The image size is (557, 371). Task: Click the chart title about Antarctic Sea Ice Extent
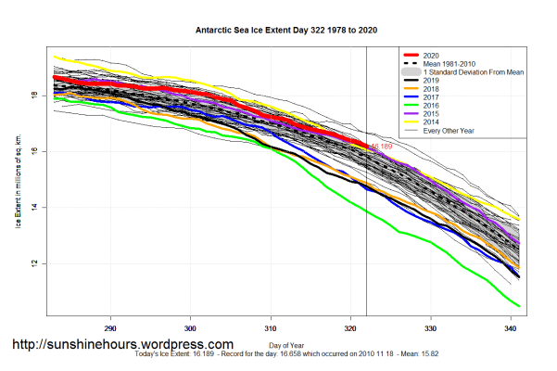278,29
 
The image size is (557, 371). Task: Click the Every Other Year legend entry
449,130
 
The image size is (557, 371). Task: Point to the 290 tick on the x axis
110,328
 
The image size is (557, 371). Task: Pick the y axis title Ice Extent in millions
19,178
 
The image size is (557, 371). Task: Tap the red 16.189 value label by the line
381,147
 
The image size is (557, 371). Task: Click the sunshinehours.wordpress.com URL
122,344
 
